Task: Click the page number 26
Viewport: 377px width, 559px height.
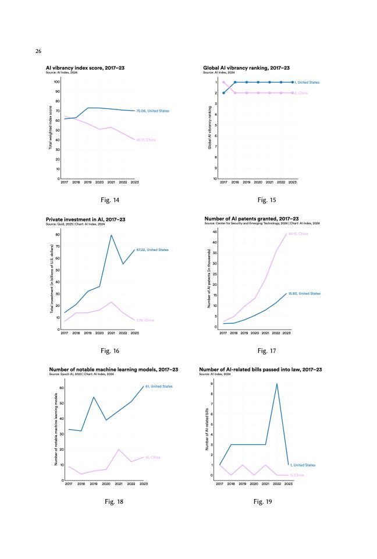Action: coord(38,51)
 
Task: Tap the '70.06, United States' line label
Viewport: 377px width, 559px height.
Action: coord(152,111)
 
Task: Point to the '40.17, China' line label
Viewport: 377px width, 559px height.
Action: coord(145,140)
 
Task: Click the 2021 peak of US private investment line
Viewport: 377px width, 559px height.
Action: coord(111,235)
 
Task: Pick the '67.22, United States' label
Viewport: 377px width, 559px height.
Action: coord(152,250)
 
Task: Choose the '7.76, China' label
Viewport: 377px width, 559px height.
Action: coord(145,320)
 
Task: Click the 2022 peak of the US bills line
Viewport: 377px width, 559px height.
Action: coord(277,384)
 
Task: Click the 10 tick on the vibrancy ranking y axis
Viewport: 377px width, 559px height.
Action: coord(215,179)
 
